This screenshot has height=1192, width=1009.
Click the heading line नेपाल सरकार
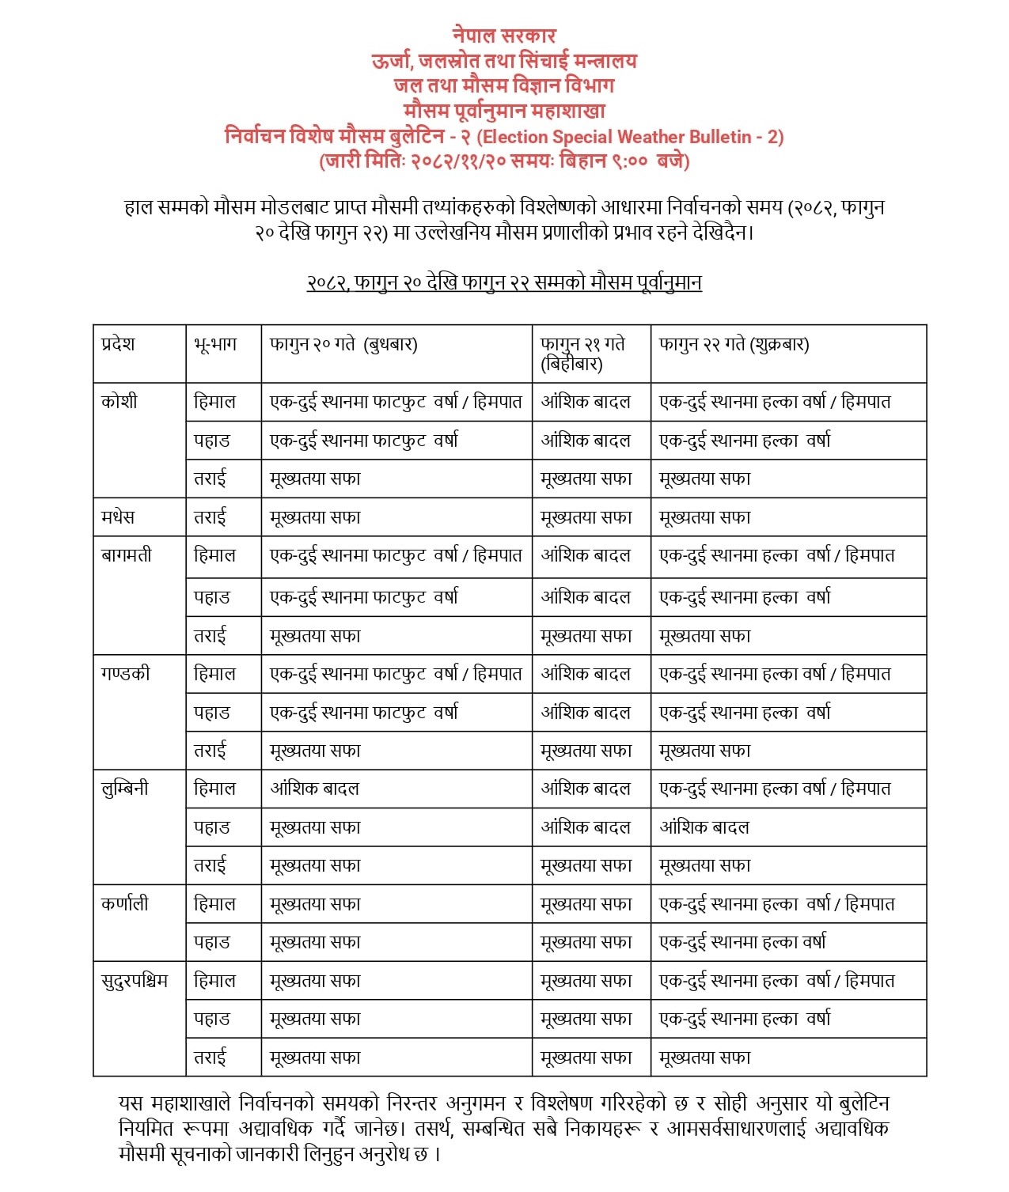(x=504, y=35)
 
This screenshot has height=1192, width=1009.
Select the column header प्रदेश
(x=118, y=344)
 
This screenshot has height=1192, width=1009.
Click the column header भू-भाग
(x=214, y=344)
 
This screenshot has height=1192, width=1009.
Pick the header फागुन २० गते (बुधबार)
(x=343, y=344)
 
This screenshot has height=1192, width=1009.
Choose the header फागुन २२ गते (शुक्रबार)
(x=734, y=344)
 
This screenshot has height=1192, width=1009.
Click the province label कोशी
(x=119, y=401)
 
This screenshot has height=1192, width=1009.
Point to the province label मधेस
(x=118, y=517)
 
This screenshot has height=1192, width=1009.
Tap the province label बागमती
(x=127, y=555)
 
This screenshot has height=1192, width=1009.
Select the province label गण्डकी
(x=126, y=674)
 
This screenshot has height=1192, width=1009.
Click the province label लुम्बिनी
(x=125, y=789)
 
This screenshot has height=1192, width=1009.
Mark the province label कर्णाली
(x=125, y=903)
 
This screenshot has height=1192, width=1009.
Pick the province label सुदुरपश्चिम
(x=135, y=981)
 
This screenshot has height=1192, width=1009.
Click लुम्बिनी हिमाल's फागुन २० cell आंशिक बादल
(x=315, y=789)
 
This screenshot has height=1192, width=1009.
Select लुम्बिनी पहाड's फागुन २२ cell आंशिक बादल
(x=704, y=827)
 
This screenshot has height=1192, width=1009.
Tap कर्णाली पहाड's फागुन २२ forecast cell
(x=742, y=942)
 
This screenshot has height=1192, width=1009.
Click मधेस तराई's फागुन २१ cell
(x=586, y=517)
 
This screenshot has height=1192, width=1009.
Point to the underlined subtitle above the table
(x=504, y=282)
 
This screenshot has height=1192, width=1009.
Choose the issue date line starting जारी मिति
(x=504, y=161)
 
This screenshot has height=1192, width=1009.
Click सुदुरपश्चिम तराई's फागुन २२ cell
(x=704, y=1058)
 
